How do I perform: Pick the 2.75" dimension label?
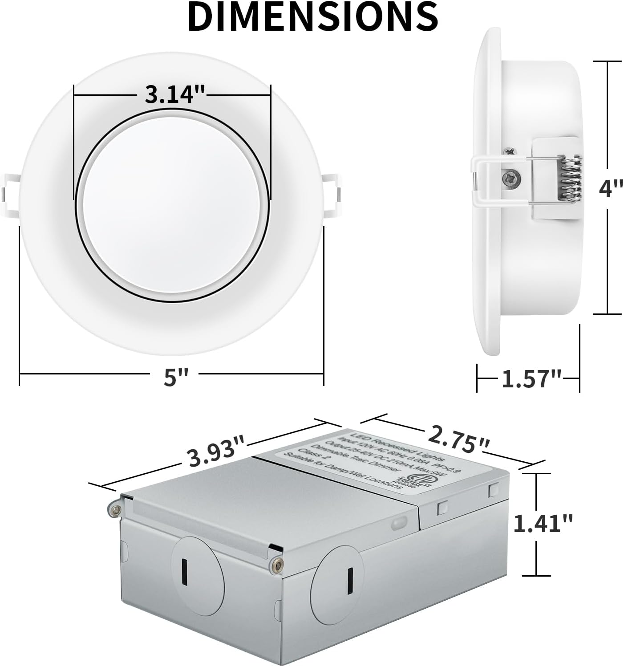tap(458, 438)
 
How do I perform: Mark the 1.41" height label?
tap(543, 523)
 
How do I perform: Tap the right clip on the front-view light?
tap(332, 191)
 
